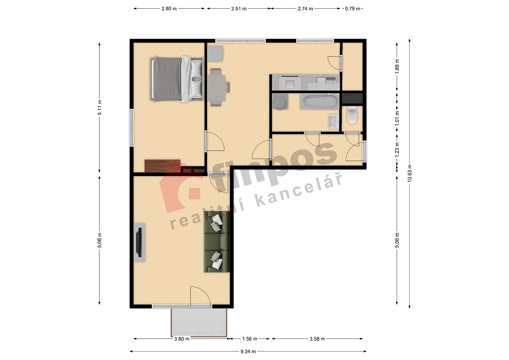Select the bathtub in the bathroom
pyautogui.click(x=319, y=102)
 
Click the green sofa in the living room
pyautogui.click(x=216, y=242)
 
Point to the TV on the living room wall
pyautogui.click(x=139, y=242)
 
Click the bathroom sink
pyautogui.click(x=334, y=121)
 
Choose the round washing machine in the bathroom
pyautogui.click(x=280, y=103)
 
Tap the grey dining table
pyautogui.click(x=216, y=87)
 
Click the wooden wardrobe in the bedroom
pyautogui.click(x=162, y=166)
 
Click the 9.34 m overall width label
pyautogui.click(x=248, y=352)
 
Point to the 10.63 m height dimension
pyautogui.click(x=410, y=173)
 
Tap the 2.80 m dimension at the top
pyautogui.click(x=169, y=9)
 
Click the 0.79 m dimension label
pyautogui.click(x=353, y=9)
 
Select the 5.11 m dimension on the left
pyautogui.click(x=99, y=107)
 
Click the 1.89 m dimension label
pyautogui.click(x=397, y=66)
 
